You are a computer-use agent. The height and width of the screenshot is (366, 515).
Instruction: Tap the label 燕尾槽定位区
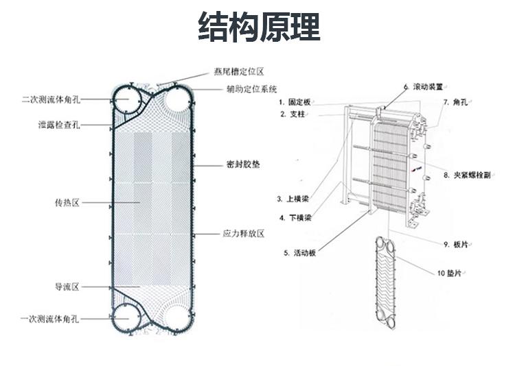238,71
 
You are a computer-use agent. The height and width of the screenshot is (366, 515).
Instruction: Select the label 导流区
67,286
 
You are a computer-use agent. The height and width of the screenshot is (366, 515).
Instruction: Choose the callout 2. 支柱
292,114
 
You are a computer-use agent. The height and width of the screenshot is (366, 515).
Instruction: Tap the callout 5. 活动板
300,253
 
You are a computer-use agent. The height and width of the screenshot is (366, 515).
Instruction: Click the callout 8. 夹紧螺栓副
466,175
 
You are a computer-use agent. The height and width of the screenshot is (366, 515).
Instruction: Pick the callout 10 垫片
450,273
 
